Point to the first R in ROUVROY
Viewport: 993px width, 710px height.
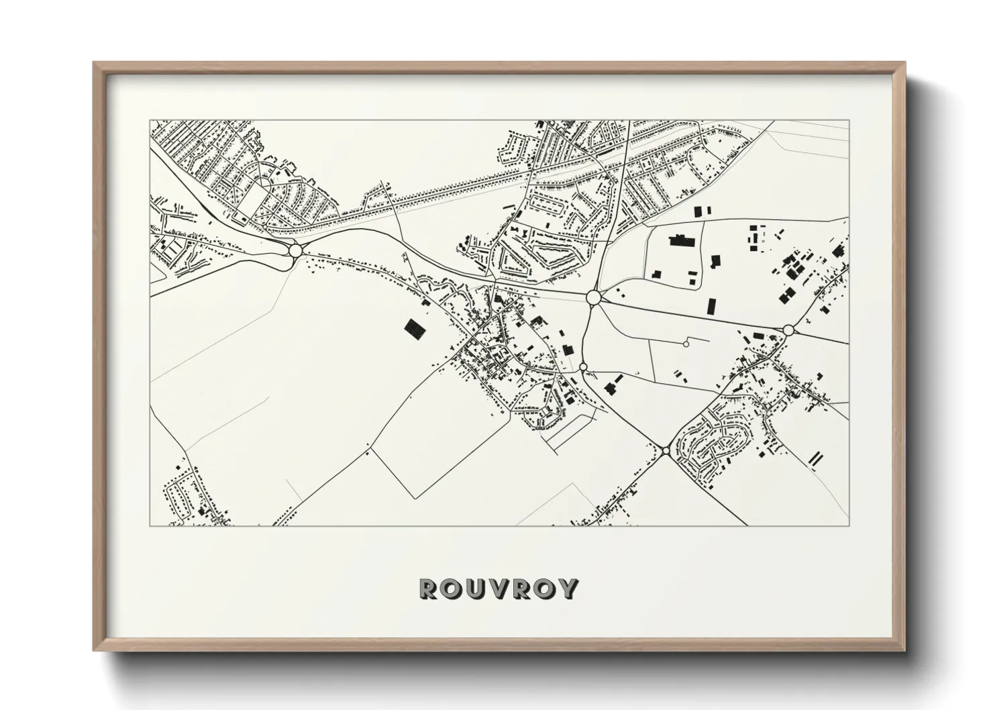427,589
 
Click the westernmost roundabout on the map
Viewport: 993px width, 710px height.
295,251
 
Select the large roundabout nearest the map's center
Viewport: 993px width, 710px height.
592,297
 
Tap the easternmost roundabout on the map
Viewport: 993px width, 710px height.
788,329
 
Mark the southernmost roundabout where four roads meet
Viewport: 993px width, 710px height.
665,451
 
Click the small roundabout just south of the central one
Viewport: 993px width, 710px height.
583,366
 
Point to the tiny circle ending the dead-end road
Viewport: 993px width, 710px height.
685,344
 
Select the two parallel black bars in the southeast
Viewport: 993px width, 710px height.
815,459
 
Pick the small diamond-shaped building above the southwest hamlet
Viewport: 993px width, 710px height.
178,465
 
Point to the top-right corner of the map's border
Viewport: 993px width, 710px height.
849,121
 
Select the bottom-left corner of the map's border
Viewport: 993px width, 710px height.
150,525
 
